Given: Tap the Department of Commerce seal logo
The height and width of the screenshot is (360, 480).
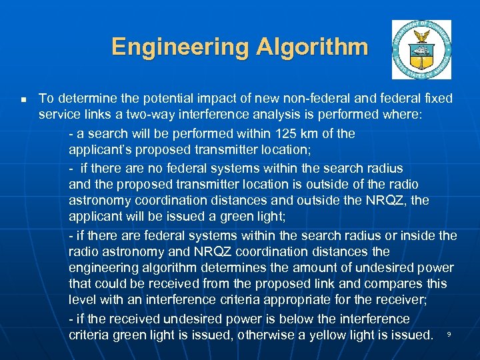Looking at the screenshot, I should pyautogui.click(x=421, y=50).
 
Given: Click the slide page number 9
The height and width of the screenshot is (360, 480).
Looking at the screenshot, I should pyautogui.click(x=449, y=333).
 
